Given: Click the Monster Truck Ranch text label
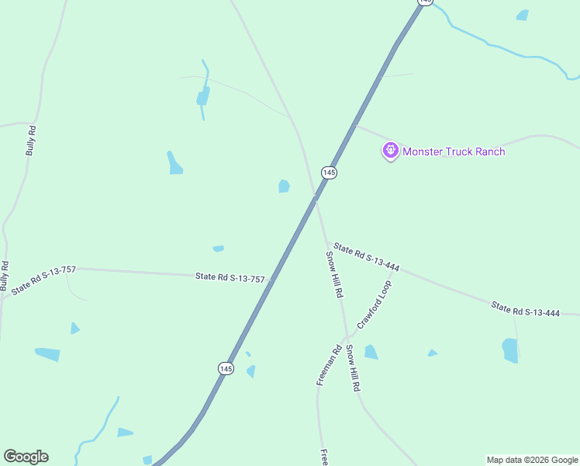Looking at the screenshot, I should (454, 151).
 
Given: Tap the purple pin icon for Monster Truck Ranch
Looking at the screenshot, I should (390, 149).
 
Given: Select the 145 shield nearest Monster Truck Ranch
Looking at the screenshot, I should (329, 172).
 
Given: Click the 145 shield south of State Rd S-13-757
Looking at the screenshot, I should (226, 368).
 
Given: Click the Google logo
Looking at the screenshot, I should (26, 457).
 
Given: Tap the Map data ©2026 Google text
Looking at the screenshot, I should (533, 460).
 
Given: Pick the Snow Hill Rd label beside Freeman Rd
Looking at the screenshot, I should (353, 367).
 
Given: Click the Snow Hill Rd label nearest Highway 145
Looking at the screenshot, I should (334, 275).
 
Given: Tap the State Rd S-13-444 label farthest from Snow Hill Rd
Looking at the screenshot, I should (525, 310).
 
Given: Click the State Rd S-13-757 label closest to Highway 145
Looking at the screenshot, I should (230, 276).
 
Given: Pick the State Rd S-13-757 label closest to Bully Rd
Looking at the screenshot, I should (43, 280).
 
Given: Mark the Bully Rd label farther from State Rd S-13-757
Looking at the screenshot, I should (30, 141).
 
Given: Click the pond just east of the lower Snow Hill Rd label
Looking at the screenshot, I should (371, 352).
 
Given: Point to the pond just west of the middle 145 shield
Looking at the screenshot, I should (284, 186).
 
